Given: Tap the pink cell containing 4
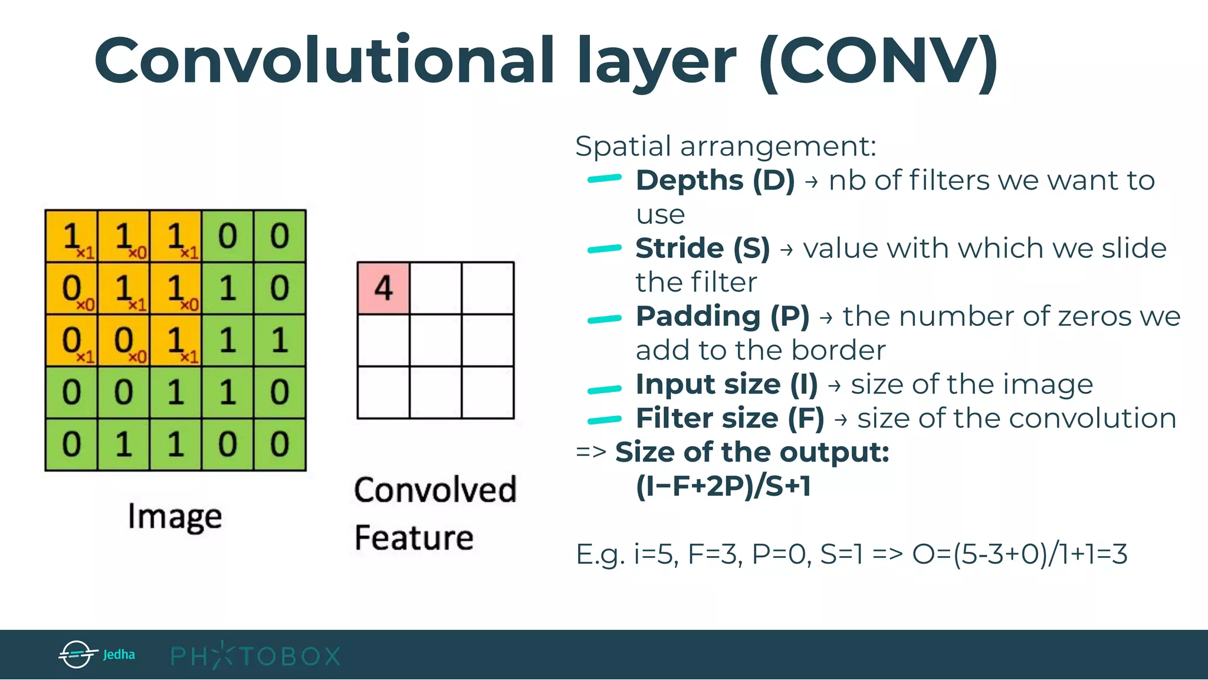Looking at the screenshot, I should tap(383, 288).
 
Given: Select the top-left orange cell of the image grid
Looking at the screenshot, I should tap(71, 236).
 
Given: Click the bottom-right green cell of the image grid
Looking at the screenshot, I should tap(280, 444).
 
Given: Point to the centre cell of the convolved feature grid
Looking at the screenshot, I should tap(435, 340).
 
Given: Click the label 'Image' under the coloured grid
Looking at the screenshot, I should tap(175, 516).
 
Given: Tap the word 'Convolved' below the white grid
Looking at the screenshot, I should tap(435, 490).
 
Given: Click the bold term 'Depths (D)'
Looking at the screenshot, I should tap(715, 180).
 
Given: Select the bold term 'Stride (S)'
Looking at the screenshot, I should tap(703, 248).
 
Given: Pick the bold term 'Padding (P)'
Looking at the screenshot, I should tap(723, 316).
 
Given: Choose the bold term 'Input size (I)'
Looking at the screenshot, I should tap(727, 384).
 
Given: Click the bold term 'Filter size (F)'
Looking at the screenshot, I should tap(730, 419).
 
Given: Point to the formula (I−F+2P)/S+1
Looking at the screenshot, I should tap(723, 486).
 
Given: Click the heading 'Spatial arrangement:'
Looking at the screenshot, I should tap(726, 146).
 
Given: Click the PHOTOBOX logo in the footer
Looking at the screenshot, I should tap(255, 656).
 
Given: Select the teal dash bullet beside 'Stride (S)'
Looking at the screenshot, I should tap(605, 249).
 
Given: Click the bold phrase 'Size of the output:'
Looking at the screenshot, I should tap(752, 453).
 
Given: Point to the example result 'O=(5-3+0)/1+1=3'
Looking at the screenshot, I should tap(1019, 554).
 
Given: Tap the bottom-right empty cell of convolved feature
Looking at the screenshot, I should tap(488, 392).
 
